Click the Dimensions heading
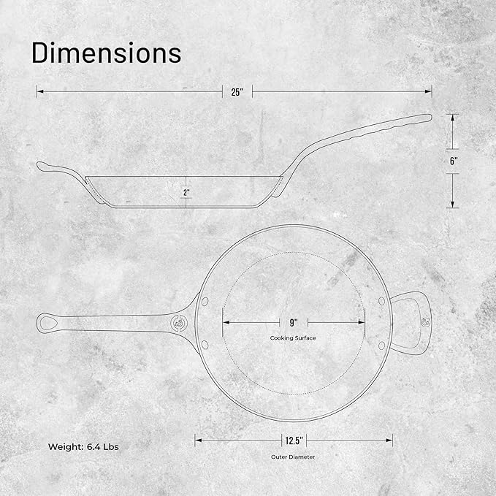pos(107,53)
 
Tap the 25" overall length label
pos(237,92)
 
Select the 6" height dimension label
pos(454,161)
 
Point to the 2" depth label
pos(186,192)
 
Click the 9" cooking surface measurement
pos(294,323)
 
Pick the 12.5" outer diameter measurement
pos(294,440)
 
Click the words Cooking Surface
pos(293,337)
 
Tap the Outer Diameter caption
pos(293,457)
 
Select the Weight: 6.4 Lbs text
pos(83,446)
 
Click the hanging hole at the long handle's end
pos(48,323)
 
